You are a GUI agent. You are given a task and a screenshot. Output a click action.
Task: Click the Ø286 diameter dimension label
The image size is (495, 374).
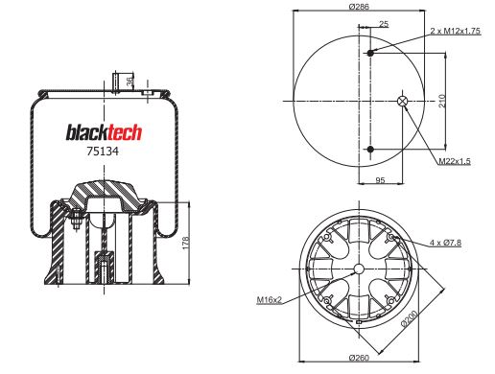tap(359, 7)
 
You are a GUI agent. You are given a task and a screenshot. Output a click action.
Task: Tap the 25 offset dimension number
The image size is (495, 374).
tap(384, 24)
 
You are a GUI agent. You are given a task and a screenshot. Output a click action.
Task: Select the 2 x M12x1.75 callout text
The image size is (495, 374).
tap(455, 31)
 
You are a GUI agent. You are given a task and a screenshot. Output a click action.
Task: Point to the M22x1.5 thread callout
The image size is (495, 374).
tap(455, 161)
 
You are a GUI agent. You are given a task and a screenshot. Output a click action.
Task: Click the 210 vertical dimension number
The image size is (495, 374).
tap(442, 101)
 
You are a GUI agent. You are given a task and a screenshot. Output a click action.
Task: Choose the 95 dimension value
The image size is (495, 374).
tap(380, 180)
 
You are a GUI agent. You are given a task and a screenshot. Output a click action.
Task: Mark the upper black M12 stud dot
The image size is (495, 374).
tap(370, 53)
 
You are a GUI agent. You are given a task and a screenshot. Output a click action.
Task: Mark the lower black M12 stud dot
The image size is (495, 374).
tap(370, 149)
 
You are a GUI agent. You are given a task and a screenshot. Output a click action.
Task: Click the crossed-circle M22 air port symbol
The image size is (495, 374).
tap(403, 101)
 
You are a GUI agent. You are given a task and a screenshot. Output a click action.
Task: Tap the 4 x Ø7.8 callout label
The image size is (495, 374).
tap(445, 243)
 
